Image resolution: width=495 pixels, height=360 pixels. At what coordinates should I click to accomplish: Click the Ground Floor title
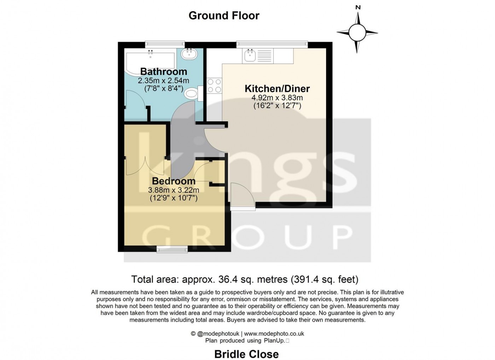224,16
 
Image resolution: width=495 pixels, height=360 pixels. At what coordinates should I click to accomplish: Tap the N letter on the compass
358,7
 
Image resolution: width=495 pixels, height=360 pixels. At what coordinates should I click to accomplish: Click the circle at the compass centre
357,33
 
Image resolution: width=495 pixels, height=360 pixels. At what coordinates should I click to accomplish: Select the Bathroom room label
163,71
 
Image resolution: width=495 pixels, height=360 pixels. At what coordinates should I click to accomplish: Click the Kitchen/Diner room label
277,88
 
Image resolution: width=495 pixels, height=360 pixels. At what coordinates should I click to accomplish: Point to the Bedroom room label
174,181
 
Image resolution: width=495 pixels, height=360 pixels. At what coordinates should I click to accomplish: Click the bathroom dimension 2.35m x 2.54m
163,81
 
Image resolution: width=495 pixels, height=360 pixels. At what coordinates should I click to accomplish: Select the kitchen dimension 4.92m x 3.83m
277,98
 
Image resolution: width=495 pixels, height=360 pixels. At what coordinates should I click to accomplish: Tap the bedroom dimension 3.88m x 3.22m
174,190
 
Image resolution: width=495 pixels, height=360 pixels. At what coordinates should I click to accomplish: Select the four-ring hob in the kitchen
214,85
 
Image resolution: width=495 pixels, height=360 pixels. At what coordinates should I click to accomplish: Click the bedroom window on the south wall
172,250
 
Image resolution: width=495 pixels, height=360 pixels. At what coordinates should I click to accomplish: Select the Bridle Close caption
246,354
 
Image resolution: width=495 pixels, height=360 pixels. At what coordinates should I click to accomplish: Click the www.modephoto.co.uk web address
274,333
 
